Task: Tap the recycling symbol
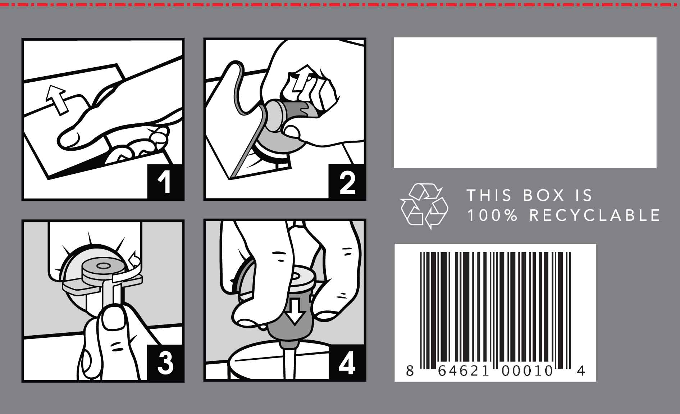[x=424, y=206]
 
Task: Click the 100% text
[x=492, y=215]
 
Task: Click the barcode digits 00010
[x=527, y=371]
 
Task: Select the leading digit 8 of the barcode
[x=410, y=371]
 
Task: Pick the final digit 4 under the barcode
[x=581, y=371]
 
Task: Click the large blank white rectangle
[x=525, y=103]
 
